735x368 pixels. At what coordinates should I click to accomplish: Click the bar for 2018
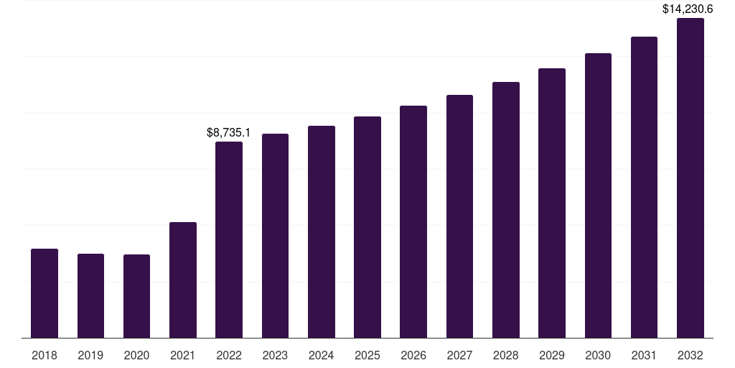click(45, 293)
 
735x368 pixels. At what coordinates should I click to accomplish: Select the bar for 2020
click(136, 296)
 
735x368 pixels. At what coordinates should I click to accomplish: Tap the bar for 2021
click(183, 280)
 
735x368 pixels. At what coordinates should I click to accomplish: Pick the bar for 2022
click(229, 240)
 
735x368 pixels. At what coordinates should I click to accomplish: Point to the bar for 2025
click(367, 227)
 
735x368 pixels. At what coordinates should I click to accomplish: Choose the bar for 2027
click(459, 216)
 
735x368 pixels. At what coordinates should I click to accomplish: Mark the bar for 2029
click(552, 203)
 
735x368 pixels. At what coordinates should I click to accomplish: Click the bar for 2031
click(644, 188)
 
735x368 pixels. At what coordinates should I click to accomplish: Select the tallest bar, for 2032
click(690, 178)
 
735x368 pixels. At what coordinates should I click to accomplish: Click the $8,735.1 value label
click(228, 132)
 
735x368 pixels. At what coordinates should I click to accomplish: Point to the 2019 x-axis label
click(90, 355)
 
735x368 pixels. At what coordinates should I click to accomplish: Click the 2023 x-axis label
click(275, 355)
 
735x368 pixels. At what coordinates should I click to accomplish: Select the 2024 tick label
click(321, 355)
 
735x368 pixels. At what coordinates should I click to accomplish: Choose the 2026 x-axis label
click(413, 355)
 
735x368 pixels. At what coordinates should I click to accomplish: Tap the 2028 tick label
click(505, 355)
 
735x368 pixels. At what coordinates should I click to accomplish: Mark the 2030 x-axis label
click(598, 355)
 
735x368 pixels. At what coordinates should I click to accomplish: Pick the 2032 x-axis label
click(690, 355)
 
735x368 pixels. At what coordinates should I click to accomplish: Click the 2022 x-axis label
click(229, 355)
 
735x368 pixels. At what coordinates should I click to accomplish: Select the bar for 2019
click(90, 295)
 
